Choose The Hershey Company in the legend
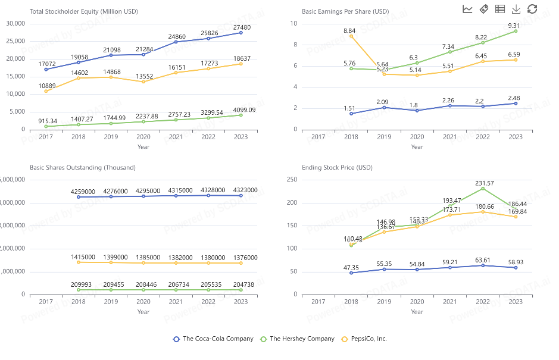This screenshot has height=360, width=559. [x=298, y=339]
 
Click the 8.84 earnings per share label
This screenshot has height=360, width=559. [x=350, y=30]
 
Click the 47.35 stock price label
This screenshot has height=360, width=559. [x=350, y=268]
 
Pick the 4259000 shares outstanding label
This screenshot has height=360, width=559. [x=78, y=192]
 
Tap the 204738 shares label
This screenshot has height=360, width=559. [x=241, y=284]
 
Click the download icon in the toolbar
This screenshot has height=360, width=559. [x=516, y=9]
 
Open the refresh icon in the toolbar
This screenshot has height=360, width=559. [x=532, y=9]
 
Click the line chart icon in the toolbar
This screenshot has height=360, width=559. [x=467, y=9]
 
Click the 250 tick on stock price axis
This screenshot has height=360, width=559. [x=292, y=179]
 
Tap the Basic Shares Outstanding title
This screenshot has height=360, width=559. [x=82, y=168]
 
